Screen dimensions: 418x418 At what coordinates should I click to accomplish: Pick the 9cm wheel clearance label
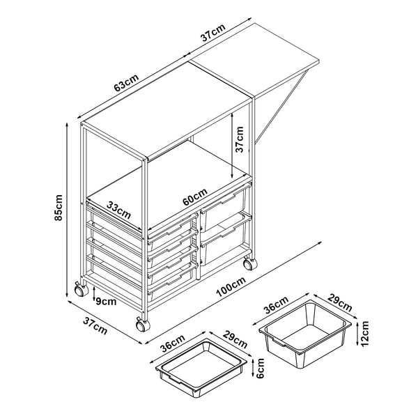[105, 301]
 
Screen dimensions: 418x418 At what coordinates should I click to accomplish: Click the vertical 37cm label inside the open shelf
[240, 139]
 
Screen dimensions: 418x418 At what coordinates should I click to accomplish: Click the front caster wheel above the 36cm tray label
[142, 325]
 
